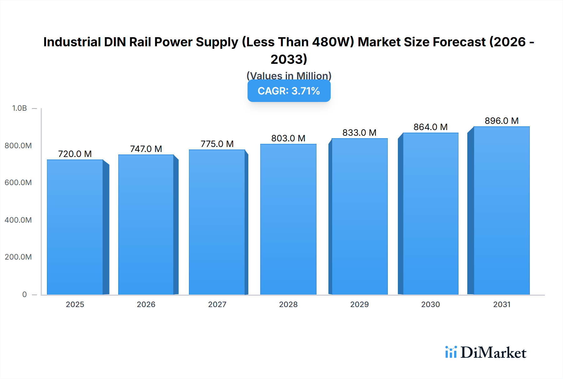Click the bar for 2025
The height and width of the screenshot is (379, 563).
coord(75,227)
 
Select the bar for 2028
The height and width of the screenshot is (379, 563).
coord(288,219)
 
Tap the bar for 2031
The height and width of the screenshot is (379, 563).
coord(501,210)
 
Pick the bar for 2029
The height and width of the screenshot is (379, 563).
coord(359,216)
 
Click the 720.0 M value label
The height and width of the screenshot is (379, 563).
coord(75,154)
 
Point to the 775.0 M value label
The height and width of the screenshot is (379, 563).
coord(217,144)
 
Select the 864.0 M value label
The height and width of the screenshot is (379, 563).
coord(430,127)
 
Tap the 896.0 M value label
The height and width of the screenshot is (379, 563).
coord(501,121)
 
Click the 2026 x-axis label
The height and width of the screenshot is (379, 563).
coord(146,304)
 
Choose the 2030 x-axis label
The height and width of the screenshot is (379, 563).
coord(430,304)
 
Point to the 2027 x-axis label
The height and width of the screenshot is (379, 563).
coord(217,304)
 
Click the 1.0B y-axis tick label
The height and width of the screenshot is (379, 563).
coord(19,108)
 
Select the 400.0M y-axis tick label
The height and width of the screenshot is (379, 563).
coord(18,220)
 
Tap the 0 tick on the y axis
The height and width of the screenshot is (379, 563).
coord(24,294)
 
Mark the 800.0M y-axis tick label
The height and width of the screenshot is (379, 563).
coord(18,145)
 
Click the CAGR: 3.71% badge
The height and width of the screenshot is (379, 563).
coord(289,91)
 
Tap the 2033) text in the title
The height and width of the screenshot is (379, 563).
coord(289,59)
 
